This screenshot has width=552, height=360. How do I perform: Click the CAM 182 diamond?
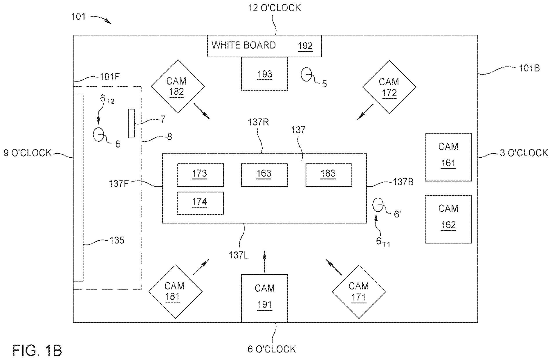[x=178, y=86]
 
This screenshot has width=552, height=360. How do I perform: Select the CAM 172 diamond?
[x=389, y=87]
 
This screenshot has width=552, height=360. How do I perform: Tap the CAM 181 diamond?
[x=175, y=291]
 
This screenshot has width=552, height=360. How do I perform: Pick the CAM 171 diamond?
[x=359, y=291]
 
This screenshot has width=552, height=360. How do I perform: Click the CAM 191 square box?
[x=264, y=298]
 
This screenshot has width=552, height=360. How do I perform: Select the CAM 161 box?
[x=448, y=157]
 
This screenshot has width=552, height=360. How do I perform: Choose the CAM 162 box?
[x=448, y=219]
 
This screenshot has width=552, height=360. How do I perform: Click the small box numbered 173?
[x=200, y=175]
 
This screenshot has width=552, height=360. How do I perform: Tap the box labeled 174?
[x=200, y=203]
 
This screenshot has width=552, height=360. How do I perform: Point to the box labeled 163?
[x=264, y=175]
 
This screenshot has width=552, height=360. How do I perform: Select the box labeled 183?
[x=329, y=175]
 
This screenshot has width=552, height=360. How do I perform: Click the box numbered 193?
[x=264, y=74]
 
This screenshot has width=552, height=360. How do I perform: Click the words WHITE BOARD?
[x=243, y=45]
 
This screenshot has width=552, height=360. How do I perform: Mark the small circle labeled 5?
[x=306, y=75]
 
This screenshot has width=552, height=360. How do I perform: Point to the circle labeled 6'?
[x=378, y=205]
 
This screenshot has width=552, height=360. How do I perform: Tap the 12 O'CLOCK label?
[x=274, y=8]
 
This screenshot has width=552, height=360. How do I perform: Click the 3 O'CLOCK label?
[x=523, y=153]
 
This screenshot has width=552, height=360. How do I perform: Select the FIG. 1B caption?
[x=37, y=350]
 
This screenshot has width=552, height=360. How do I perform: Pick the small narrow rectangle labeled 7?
[x=131, y=123]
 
